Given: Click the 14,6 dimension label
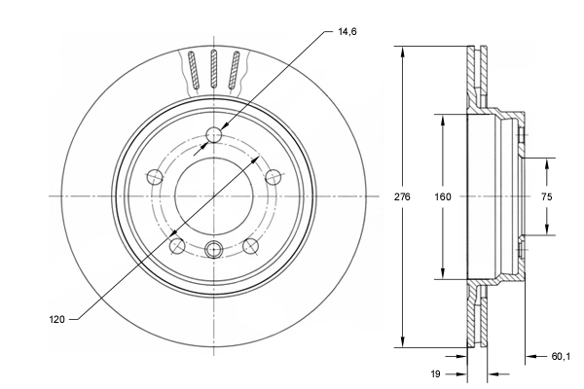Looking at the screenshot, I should coord(347,31).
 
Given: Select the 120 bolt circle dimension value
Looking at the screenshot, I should coord(57,318).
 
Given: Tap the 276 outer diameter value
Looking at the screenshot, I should coord(403,195).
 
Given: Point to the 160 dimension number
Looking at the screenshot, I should coord(443,195).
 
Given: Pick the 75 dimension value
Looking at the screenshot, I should coord(546,195).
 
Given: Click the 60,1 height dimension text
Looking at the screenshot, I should coord(561,356).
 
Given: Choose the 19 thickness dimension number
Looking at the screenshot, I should coord(436,372).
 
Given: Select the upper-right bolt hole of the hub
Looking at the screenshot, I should coord(274,176).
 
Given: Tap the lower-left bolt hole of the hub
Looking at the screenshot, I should coord(177,245).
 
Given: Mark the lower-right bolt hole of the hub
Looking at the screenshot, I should coord(250,245).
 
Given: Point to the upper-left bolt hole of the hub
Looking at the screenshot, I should coord(154,176).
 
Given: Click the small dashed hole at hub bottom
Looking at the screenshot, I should coord(214,248).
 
